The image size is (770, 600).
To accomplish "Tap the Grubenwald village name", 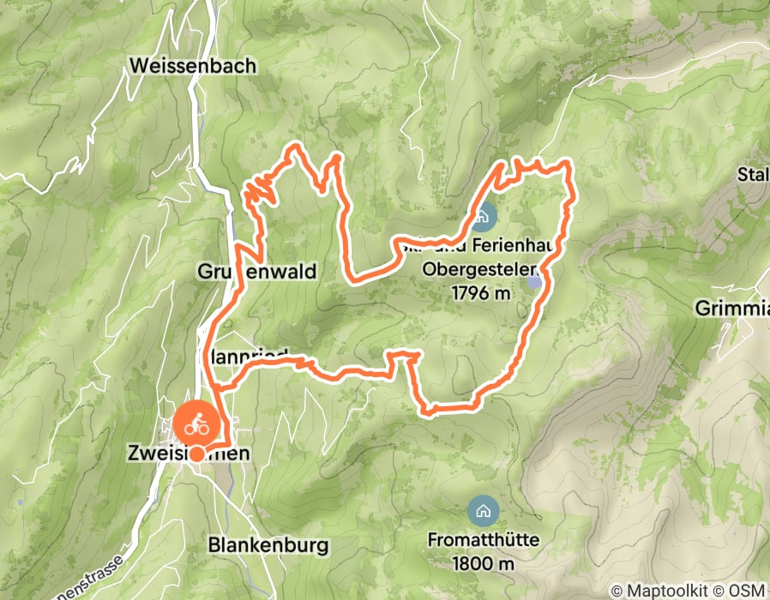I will (258, 272).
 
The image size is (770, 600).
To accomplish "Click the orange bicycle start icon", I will (196, 423).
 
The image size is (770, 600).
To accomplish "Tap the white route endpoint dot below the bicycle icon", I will (197, 454).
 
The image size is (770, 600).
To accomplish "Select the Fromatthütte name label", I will (484, 542).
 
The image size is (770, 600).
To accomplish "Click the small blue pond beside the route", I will (534, 281).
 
